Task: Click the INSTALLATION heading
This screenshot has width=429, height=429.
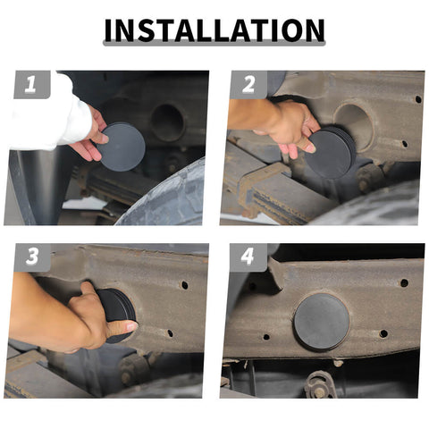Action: [x=214, y=30]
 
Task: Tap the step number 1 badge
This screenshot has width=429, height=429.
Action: [x=31, y=85]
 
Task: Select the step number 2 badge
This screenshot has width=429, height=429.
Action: [x=248, y=85]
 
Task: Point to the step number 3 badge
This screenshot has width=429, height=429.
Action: [x=32, y=257]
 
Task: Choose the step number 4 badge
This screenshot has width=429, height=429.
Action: [x=248, y=257]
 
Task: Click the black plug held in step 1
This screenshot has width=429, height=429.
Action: [x=122, y=147]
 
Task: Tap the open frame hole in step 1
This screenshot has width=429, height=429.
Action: [x=166, y=122]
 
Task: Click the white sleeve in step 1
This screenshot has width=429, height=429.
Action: [x=51, y=119]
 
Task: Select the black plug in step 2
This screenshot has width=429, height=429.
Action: [x=331, y=152]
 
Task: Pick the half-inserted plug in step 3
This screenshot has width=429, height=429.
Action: [x=118, y=315]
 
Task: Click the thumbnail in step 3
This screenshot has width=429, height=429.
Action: [x=131, y=326]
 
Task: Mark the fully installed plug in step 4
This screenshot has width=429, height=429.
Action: [x=322, y=322]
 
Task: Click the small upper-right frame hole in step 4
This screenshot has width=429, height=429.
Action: [x=404, y=282]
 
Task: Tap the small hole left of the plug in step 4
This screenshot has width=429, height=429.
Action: [x=266, y=337]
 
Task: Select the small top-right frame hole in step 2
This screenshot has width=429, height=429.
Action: [x=418, y=99]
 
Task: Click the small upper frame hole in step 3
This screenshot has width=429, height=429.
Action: [x=185, y=285]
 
